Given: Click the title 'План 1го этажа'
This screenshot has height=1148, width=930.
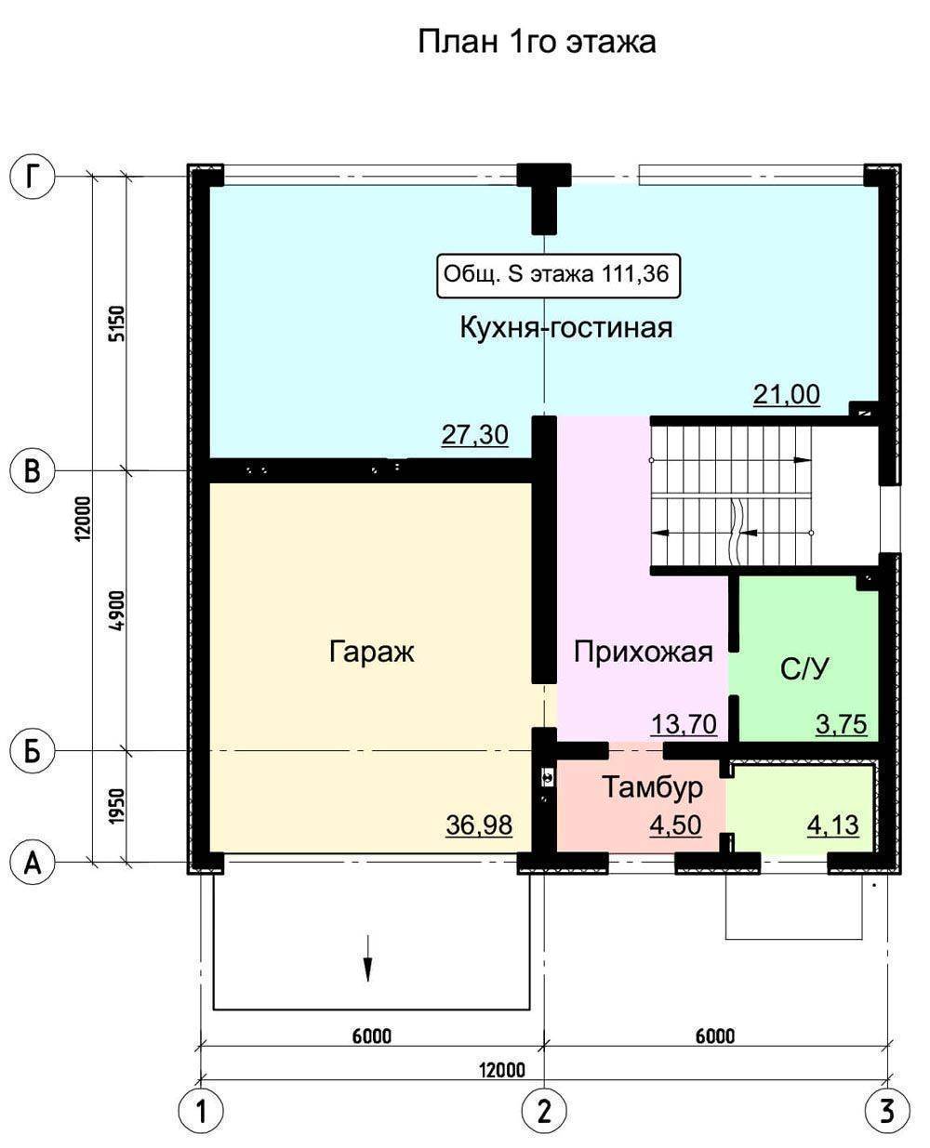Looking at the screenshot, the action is click(537, 42).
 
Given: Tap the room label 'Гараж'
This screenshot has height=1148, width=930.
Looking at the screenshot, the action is click(371, 652).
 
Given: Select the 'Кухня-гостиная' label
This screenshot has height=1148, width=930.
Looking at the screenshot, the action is click(566, 328).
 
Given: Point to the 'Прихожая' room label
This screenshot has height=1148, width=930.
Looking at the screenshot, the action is click(643, 653).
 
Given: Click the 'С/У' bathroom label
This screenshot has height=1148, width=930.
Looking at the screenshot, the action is click(804, 669).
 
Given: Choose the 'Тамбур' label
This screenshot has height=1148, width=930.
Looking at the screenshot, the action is click(653, 787).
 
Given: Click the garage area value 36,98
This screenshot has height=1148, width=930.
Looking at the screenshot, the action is click(479, 825).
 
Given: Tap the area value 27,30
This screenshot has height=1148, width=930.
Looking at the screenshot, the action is click(475, 435).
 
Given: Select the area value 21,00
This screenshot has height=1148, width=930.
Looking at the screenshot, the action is click(787, 394).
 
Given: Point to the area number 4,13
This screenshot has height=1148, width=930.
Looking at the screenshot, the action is click(833, 825).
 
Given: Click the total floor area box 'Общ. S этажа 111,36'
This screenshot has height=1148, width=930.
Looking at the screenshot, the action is click(557, 275).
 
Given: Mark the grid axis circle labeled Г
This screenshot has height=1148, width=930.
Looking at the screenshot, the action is click(33, 177).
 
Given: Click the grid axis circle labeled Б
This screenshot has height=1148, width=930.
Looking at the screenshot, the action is click(33, 751).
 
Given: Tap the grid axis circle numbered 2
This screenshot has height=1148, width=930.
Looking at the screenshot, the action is click(545, 1112).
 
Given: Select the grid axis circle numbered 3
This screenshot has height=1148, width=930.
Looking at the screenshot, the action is click(887, 1112).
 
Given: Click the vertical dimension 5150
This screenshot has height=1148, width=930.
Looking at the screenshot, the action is click(117, 323).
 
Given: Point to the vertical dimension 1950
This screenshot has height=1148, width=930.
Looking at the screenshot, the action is click(117, 806).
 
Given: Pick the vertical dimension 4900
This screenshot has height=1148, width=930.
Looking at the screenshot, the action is click(117, 611).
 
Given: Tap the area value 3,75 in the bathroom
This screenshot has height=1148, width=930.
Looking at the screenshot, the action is click(841, 724).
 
